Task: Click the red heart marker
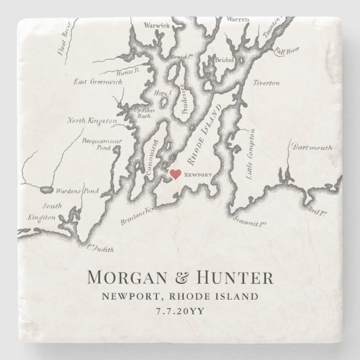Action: click(x=175, y=174)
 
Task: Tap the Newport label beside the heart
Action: click(x=198, y=175)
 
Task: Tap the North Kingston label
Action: click(x=92, y=120)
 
